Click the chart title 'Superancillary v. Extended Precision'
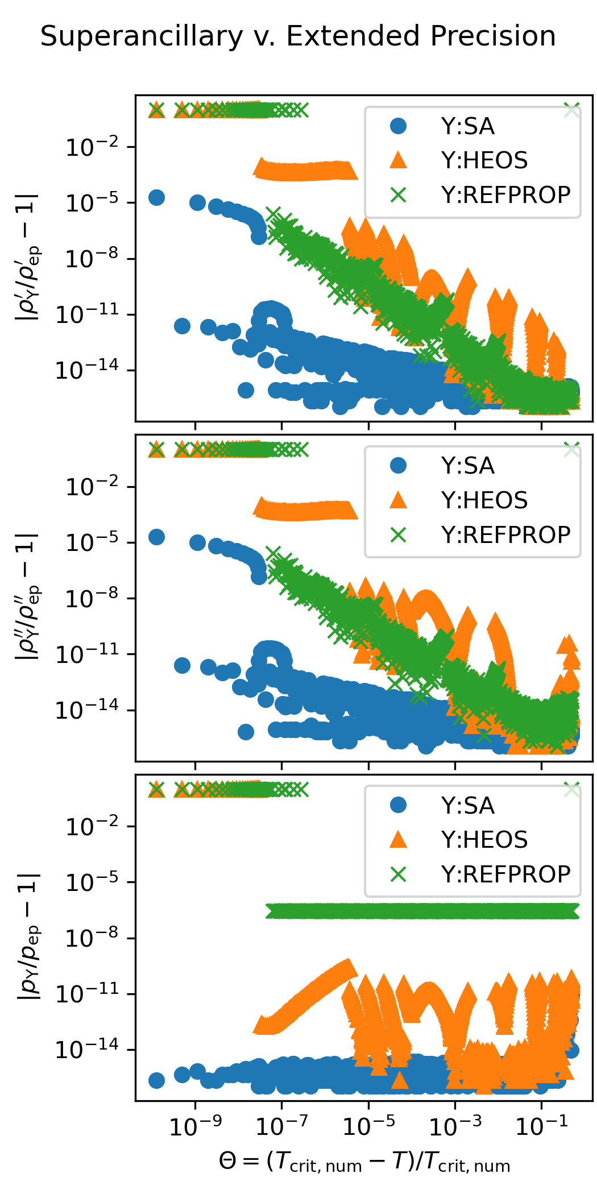[x=298, y=36]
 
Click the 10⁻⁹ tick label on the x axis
[x=196, y=1125]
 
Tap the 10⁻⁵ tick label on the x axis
[x=368, y=1125]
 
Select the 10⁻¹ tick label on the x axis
[x=541, y=1125]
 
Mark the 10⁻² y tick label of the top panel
[x=93, y=148]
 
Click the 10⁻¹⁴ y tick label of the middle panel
[x=87, y=710]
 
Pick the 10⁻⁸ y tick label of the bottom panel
[x=93, y=938]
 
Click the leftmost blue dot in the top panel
[x=156, y=197]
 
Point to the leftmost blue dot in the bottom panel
[x=156, y=1080]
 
